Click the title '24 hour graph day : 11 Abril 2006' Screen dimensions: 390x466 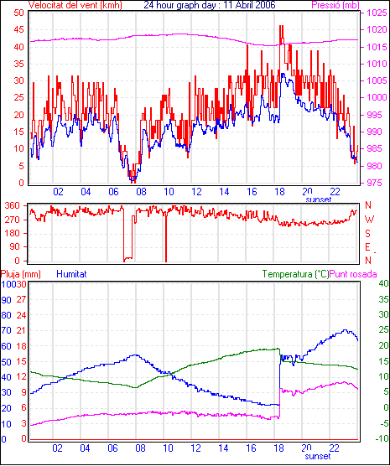click(x=210, y=5)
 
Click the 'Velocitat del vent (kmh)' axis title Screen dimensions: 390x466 click(x=75, y=5)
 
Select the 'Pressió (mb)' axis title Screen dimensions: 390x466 click(x=335, y=5)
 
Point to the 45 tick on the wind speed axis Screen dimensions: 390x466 click(x=18, y=29)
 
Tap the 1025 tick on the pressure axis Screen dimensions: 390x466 click(x=377, y=13)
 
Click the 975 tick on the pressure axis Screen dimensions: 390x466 click(x=377, y=183)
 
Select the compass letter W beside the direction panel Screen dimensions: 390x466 click(x=369, y=220)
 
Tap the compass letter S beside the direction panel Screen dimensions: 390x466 click(x=368, y=234)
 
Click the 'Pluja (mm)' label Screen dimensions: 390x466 click(x=20, y=274)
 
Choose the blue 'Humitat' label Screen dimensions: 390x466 click(x=71, y=274)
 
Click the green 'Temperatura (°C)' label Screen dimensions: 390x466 click(x=296, y=274)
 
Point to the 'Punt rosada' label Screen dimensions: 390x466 click(x=353, y=274)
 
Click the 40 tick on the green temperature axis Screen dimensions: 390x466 click(x=384, y=283)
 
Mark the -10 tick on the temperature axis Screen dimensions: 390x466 click(x=382, y=438)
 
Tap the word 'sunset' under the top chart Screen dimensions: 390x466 click(x=319, y=199)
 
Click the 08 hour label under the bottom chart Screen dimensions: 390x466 click(x=140, y=448)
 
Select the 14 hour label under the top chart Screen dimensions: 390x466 click(x=224, y=192)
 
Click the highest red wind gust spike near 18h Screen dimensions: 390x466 click(x=281, y=26)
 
